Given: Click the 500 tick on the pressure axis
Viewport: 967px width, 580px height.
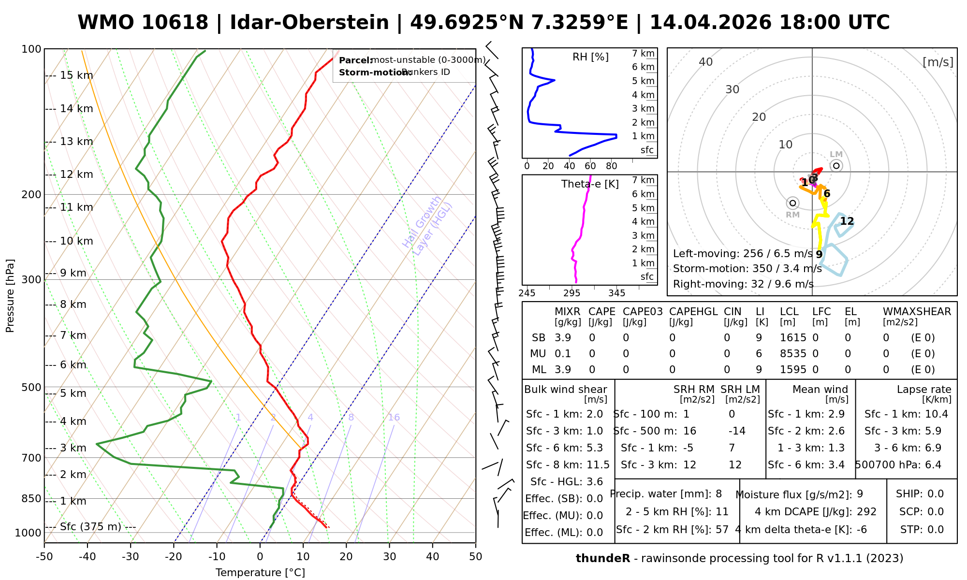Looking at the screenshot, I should pyautogui.click(x=32, y=387).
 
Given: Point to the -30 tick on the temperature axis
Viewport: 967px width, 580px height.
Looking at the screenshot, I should pyautogui.click(x=131, y=556).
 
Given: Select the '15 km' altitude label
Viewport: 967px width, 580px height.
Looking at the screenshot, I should pyautogui.click(x=76, y=75).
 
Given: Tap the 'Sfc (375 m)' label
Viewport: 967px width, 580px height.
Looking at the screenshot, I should pyautogui.click(x=90, y=526).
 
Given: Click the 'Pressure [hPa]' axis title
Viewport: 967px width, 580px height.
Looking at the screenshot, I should pyautogui.click(x=10, y=296).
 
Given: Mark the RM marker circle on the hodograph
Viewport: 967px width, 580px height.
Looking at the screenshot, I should pyautogui.click(x=792, y=203).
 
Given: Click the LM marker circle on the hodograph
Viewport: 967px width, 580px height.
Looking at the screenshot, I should pyautogui.click(x=836, y=166).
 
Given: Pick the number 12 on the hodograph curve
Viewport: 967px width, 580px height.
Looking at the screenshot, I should pyautogui.click(x=847, y=221).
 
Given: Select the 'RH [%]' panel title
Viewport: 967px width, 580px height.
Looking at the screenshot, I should pyautogui.click(x=590, y=57).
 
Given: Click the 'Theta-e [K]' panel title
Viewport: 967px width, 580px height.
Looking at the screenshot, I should pyautogui.click(x=590, y=184).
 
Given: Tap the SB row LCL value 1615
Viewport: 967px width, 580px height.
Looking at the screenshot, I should pyautogui.click(x=793, y=338).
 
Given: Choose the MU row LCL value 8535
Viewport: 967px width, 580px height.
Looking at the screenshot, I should pyautogui.click(x=793, y=354).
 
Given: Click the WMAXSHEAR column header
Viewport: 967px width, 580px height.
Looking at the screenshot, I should pyautogui.click(x=917, y=312).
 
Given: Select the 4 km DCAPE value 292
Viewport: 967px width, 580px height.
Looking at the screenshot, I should pyautogui.click(x=866, y=512).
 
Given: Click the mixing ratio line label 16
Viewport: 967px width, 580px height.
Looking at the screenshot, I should pyautogui.click(x=394, y=418).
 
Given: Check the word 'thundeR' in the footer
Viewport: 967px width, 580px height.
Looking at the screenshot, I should pyautogui.click(x=602, y=559).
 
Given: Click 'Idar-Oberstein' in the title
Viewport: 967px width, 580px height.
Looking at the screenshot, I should pyautogui.click(x=309, y=23).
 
